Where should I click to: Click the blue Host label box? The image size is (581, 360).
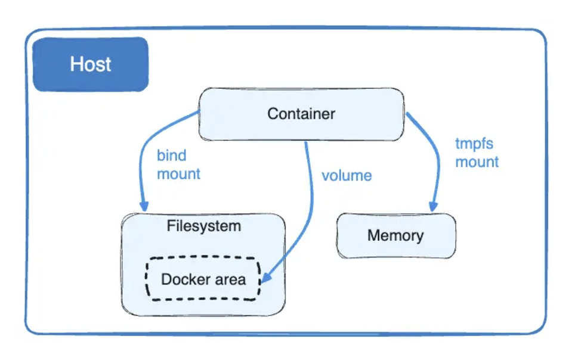coord(90,64)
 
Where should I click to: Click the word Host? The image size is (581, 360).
coord(90,64)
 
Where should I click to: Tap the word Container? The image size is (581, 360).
coord(301,114)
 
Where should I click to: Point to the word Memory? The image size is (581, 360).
coord(395,235)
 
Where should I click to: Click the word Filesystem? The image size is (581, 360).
coord(203,226)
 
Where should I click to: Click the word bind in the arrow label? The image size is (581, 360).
coord(172,156)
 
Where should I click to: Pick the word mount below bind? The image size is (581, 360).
coord(178,174)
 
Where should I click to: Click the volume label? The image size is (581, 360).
coord(347,176)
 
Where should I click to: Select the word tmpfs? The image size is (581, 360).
coord(474,144)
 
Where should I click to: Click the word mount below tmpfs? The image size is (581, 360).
coord(477,162)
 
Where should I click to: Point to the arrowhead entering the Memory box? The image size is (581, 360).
coord(434,206)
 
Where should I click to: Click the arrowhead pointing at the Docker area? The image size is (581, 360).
coord(268,277)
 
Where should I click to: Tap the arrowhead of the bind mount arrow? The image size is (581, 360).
coord(144,205)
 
